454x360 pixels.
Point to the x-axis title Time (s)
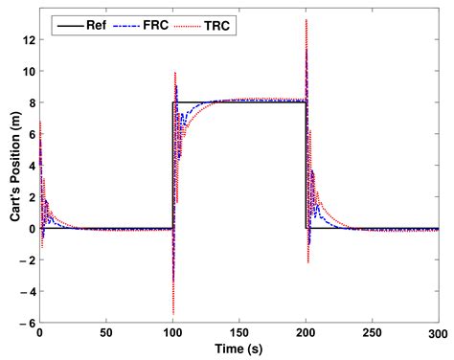click(x=237, y=349)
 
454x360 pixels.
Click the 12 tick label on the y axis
click(x=27, y=40)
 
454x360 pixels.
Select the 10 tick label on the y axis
click(x=27, y=72)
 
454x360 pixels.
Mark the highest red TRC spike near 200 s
click(x=306, y=20)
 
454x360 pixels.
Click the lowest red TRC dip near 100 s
click(x=172, y=314)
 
